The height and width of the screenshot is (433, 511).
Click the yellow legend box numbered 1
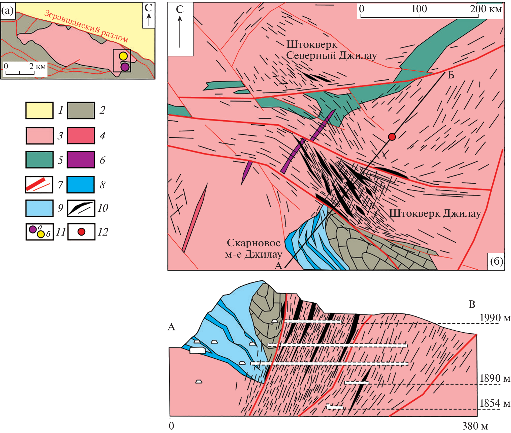(x=39, y=110)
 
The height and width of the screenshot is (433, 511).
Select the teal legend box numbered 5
(x=39, y=160)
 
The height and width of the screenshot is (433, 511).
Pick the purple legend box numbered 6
(x=81, y=160)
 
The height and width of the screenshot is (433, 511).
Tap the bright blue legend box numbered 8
(x=81, y=185)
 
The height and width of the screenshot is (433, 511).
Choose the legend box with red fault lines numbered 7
(x=39, y=185)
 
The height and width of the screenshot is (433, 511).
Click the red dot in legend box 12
(x=81, y=232)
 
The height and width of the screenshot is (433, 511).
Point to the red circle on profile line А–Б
(x=392, y=137)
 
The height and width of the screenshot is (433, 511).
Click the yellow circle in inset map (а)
(x=123, y=56)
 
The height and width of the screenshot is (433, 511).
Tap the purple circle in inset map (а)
(x=125, y=67)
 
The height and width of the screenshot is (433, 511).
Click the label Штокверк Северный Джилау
(x=332, y=50)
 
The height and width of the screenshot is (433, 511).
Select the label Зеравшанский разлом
(x=86, y=26)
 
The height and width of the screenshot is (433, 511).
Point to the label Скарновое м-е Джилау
(x=253, y=248)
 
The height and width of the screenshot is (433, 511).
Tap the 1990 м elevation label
(x=495, y=318)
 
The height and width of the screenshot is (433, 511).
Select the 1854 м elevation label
(x=495, y=403)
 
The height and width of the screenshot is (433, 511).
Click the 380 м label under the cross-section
(x=475, y=426)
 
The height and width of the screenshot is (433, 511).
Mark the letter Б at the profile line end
(x=451, y=75)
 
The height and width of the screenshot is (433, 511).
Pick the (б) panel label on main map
(x=497, y=261)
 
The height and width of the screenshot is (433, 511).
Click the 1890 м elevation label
(x=495, y=378)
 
